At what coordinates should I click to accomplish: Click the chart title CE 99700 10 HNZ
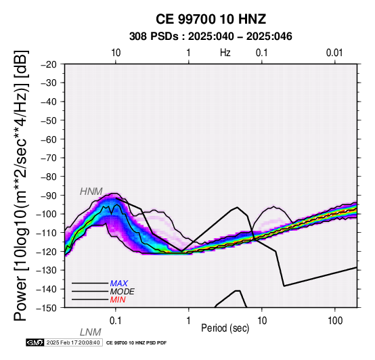(x=211, y=19)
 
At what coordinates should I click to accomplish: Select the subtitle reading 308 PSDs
(x=154, y=37)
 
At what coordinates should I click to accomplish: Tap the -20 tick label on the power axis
(x=49, y=64)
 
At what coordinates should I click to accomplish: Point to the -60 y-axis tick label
(x=49, y=139)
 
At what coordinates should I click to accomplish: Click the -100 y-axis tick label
(x=47, y=215)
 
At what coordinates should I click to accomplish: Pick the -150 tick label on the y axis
(x=47, y=308)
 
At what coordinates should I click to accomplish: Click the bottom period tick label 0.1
(x=115, y=321)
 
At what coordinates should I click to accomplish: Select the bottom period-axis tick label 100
(x=335, y=321)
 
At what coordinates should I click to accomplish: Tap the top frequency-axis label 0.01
(x=334, y=53)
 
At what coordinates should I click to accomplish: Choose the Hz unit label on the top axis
(x=225, y=53)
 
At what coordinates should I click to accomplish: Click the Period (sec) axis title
(x=225, y=328)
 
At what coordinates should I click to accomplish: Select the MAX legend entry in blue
(x=119, y=284)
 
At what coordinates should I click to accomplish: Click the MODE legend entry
(x=123, y=292)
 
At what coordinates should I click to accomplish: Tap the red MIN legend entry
(x=118, y=300)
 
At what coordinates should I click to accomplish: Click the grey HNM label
(x=91, y=192)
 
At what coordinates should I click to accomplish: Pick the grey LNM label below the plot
(x=91, y=332)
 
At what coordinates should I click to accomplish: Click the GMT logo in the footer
(x=35, y=343)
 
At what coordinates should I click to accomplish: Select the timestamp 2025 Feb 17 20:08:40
(x=73, y=343)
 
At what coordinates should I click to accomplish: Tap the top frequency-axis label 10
(x=116, y=53)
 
